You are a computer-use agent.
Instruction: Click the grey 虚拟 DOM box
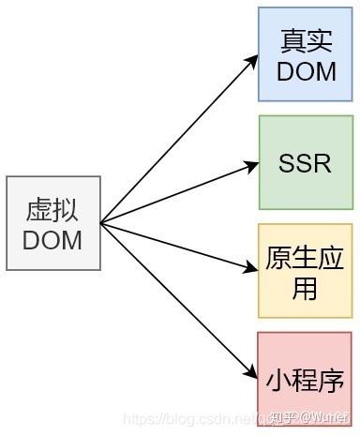pos(52,223)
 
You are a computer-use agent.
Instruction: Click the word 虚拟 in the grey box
pos(52,209)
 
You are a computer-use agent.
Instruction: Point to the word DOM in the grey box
pos(52,239)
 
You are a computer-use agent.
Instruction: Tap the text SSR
pos(306,163)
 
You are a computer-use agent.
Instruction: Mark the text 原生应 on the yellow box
pos(306,257)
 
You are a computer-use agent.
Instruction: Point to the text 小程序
pos(306,380)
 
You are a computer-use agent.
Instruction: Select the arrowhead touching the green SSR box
pos(251,166)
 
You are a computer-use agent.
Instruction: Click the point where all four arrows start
pos(100,223)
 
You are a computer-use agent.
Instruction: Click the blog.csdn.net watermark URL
pos(192,418)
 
